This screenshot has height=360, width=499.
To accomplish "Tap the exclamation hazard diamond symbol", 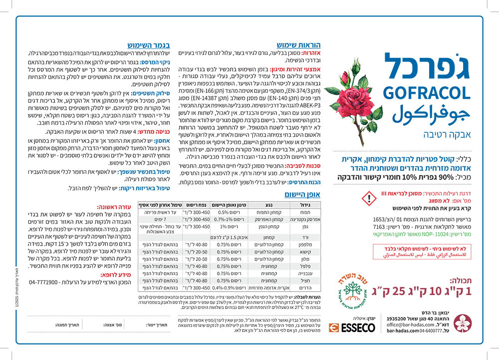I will (x=369, y=199).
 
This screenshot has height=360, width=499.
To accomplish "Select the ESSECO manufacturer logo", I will (x=352, y=328).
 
